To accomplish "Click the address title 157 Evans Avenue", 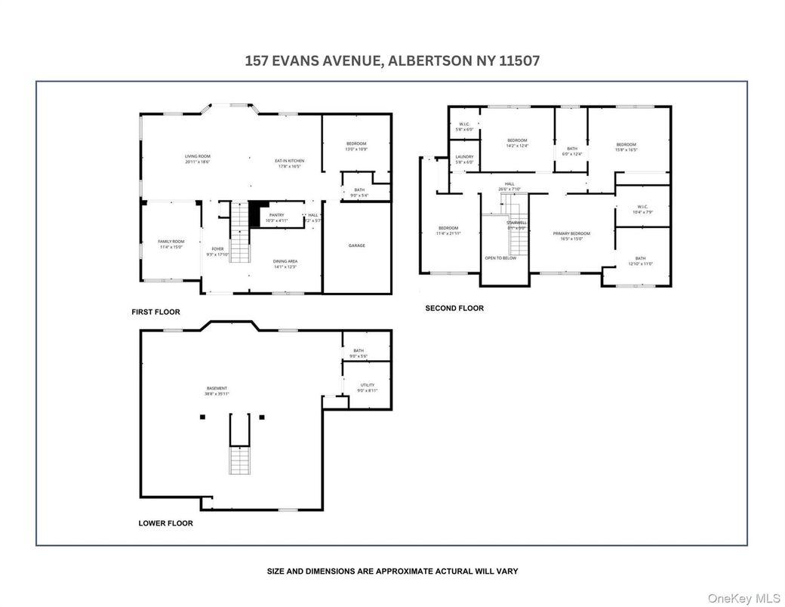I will [392, 61].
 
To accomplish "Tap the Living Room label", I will [197, 159].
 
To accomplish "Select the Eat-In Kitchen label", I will [289, 163].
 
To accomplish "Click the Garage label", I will [357, 245].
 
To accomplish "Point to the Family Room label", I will [171, 244].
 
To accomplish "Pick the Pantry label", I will [276, 217].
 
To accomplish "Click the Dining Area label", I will [285, 263].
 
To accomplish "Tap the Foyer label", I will [217, 251].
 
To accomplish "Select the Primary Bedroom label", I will [571, 236].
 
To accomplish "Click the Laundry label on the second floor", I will [464, 159].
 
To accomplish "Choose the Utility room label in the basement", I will [367, 387].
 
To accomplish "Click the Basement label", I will [217, 390].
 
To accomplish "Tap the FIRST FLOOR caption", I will [155, 312].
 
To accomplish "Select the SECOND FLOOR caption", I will [454, 308].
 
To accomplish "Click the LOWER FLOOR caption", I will [165, 523].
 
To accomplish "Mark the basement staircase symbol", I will [239, 459].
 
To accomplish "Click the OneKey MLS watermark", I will [743, 597].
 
